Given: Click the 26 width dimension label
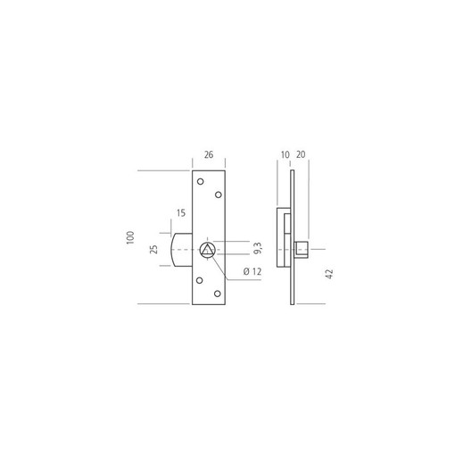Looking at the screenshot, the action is [209, 154].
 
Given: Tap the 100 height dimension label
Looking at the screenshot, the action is [130, 237].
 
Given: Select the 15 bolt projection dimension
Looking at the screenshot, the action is [181, 213].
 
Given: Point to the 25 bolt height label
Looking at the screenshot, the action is [154, 249].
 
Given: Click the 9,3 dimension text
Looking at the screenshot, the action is [258, 248].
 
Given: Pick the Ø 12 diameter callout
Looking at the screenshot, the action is [252, 271].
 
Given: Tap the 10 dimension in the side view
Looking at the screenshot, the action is [285, 155].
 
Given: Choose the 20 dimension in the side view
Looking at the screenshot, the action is [301, 154].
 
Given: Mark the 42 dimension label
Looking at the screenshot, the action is [329, 274].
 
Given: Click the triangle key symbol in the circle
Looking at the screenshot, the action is [207, 251].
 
